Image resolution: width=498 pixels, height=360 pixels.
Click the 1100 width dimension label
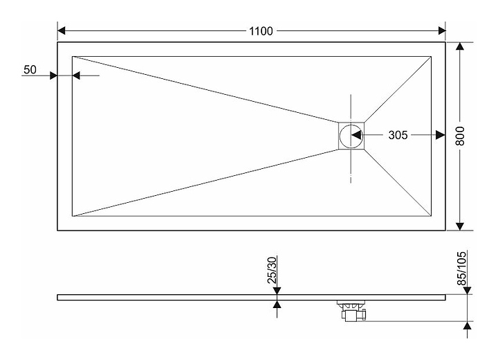261,30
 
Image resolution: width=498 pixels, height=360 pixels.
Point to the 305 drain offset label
397,135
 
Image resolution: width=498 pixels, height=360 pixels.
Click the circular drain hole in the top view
351,135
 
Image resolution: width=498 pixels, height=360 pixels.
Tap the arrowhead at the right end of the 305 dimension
440,135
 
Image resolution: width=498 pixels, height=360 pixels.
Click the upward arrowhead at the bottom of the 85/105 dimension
468,326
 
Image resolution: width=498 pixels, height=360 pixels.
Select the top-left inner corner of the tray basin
72,56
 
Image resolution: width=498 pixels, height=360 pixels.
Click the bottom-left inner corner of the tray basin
72,216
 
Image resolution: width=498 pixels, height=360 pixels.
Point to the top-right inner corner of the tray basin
431,56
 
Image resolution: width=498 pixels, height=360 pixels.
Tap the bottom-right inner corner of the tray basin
431,216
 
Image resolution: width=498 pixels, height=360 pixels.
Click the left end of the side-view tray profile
59,297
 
